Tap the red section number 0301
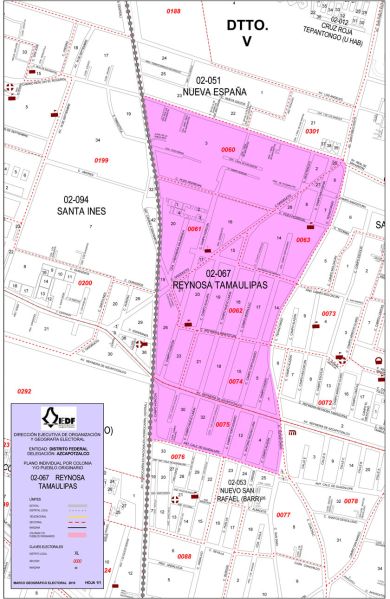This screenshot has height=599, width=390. pyautogui.click(x=311, y=131)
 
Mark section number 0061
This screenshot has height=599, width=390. pyautogui.click(x=194, y=229)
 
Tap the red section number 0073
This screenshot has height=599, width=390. pyautogui.click(x=329, y=313)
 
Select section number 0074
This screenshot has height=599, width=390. pyautogui.click(x=236, y=381)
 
